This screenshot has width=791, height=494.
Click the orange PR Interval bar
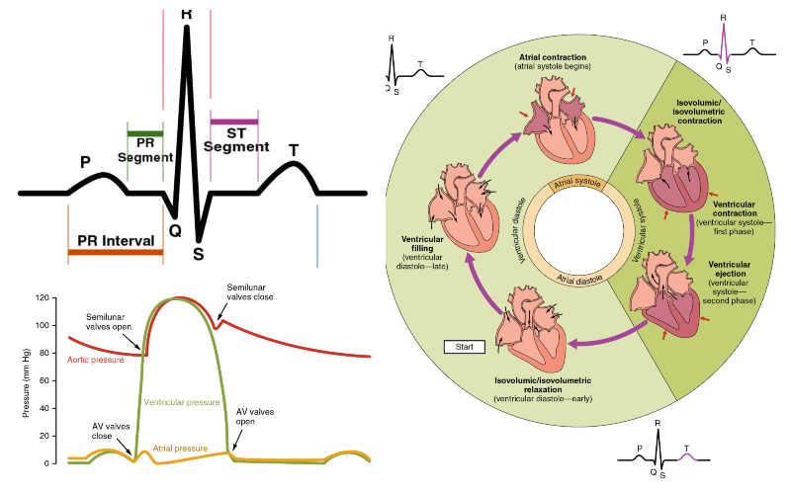point(115,253)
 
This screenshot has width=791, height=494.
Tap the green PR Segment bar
point(145,133)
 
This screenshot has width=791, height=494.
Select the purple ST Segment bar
point(234,122)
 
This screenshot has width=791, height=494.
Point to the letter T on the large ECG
point(294,150)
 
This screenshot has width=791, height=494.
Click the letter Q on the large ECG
point(175,230)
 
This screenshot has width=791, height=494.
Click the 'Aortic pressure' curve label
point(97,360)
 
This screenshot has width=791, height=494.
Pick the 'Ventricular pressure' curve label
point(181,403)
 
